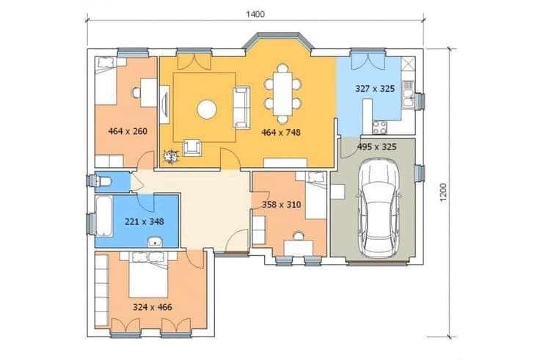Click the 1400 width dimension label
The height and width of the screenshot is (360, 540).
coord(255,14)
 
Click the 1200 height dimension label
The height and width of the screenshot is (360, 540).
coord(443,192)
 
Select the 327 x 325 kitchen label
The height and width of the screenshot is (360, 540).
coord(375,89)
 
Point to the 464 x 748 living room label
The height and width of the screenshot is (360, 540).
coord(281,132)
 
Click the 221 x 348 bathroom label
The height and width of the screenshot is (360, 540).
coord(145,221)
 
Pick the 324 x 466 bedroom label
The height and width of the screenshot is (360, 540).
coord(152,307)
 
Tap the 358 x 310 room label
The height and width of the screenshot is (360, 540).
coord(281,205)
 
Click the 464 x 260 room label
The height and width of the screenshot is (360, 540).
coord(128,131)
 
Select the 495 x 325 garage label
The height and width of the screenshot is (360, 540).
coord(377,147)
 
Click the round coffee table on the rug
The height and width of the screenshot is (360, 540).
coord(207,109)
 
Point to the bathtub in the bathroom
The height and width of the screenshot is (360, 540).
coord(103,216)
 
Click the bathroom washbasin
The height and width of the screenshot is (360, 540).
coord(157,242)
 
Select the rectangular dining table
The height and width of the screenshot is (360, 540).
coord(282,94)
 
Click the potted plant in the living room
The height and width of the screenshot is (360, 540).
coord(170,157)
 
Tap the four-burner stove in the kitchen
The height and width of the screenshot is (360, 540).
coord(379,128)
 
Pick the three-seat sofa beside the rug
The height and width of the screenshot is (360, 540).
coord(241,108)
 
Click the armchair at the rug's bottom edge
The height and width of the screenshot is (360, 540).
coord(191,147)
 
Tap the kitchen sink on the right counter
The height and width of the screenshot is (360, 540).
coord(408,94)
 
